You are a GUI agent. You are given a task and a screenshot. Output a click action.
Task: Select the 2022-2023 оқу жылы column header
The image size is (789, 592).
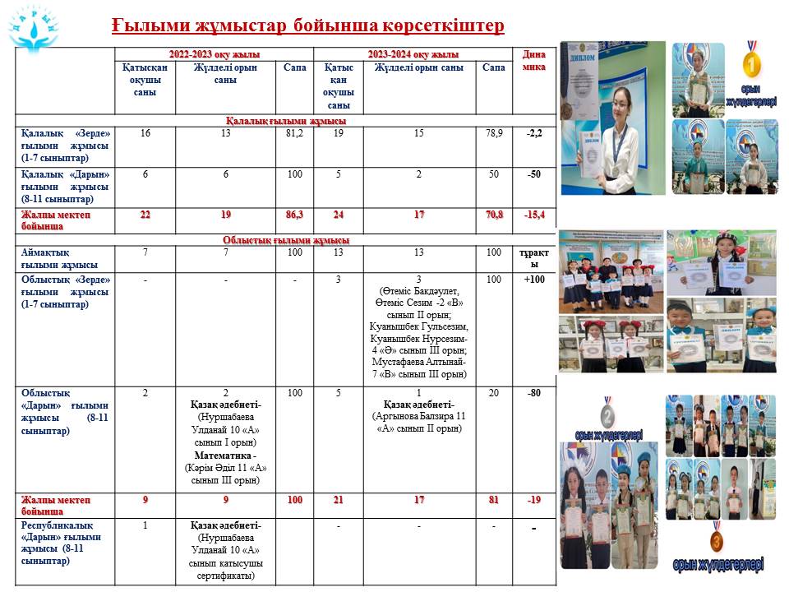click(x=215, y=54)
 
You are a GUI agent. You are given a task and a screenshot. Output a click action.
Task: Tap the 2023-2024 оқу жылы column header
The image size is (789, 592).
click(x=413, y=54)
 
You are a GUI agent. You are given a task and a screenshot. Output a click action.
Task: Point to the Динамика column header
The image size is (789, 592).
click(x=534, y=61)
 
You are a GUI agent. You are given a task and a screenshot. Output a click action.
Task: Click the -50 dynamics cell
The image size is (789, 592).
click(x=534, y=174)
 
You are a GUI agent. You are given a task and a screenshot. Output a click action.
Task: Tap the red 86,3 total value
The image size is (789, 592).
click(x=294, y=215)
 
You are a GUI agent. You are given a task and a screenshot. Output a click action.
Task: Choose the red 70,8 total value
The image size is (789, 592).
click(x=493, y=215)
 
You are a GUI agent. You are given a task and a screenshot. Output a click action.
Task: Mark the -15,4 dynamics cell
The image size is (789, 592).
click(x=534, y=215)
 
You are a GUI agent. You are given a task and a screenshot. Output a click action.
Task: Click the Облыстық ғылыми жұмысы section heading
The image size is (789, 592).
click(x=286, y=240)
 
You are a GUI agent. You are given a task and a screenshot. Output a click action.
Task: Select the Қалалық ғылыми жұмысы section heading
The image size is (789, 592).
click(x=286, y=121)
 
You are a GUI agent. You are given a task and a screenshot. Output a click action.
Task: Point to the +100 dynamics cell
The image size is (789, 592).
click(x=534, y=280)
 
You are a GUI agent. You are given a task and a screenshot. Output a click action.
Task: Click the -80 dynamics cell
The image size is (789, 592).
click(x=534, y=393)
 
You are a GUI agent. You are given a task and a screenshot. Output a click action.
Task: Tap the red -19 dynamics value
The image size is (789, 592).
click(x=534, y=500)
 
